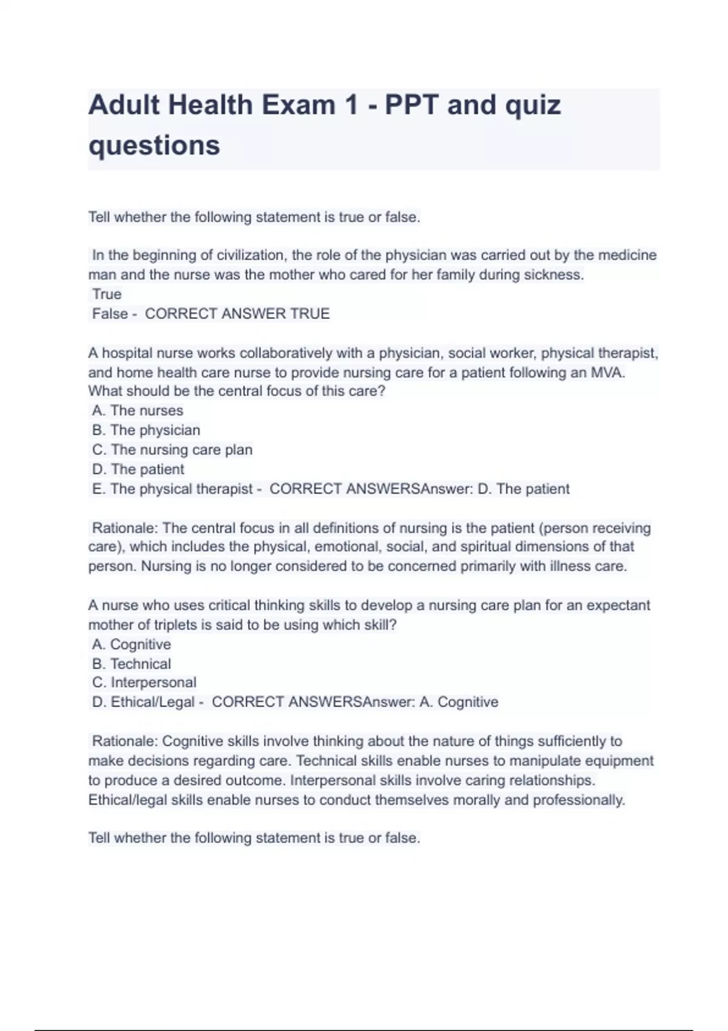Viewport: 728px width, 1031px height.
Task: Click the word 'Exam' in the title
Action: [x=298, y=105]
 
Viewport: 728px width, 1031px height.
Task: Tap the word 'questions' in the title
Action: [x=154, y=146]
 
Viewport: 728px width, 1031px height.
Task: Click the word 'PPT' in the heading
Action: [x=411, y=105]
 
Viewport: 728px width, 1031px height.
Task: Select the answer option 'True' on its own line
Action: [x=107, y=294]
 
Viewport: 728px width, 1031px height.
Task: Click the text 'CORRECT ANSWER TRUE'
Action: [x=237, y=314]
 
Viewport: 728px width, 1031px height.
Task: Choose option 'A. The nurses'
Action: [x=138, y=411]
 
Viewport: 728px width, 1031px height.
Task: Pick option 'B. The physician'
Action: [x=146, y=430]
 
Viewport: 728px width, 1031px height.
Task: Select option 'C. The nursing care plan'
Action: [x=172, y=449]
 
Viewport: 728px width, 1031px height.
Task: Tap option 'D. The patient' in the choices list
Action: [x=138, y=469]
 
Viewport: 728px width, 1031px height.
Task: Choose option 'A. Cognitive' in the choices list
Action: [x=132, y=644]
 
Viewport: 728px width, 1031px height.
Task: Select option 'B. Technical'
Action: [x=132, y=663]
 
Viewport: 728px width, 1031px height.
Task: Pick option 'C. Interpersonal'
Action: [x=144, y=682]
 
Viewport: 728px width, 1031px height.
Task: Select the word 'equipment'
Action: [x=620, y=761]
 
